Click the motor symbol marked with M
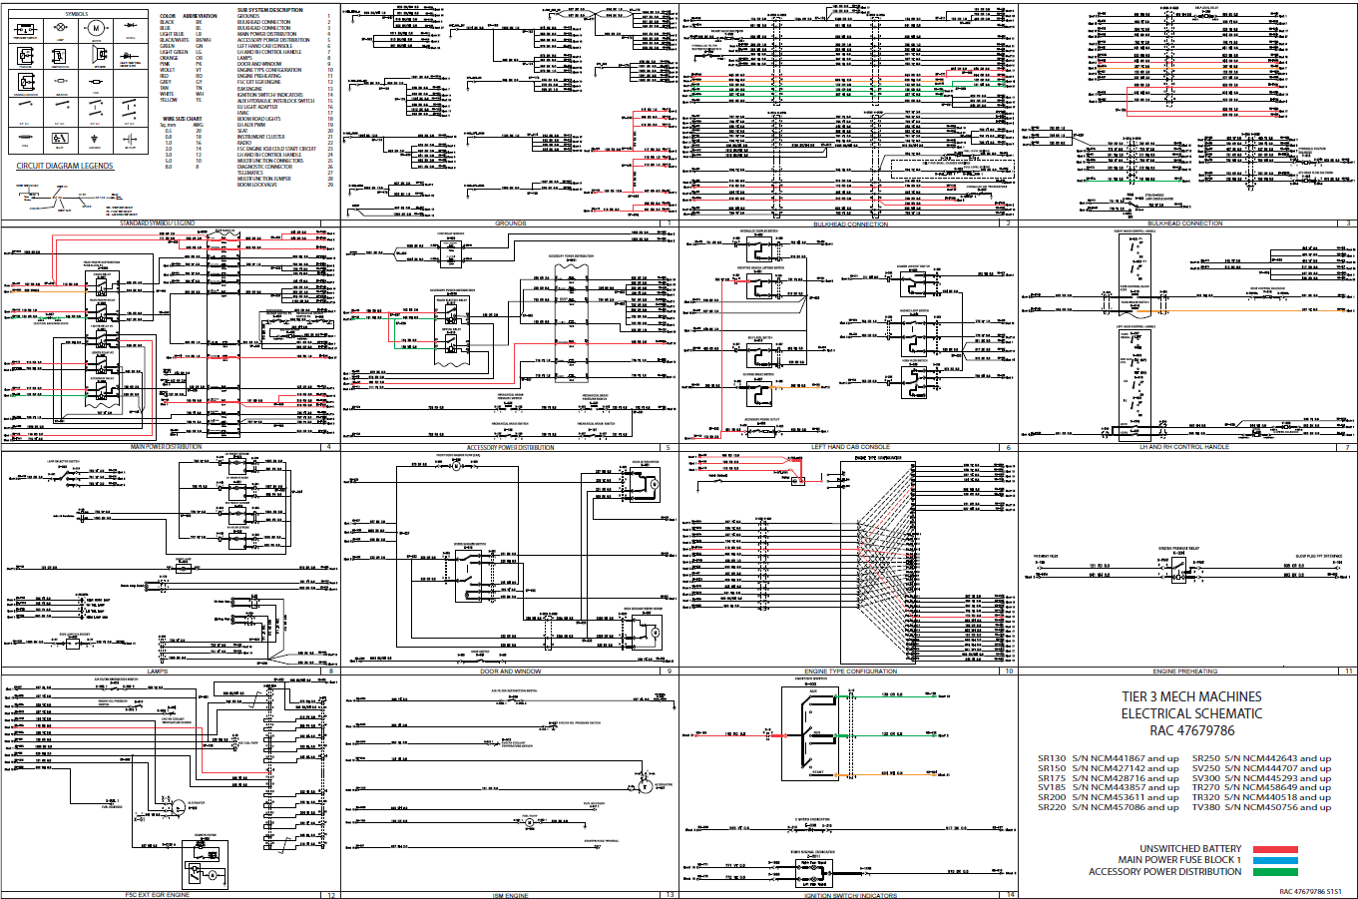click(x=97, y=28)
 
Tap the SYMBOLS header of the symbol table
click(x=77, y=15)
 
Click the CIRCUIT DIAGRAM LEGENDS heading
click(x=65, y=166)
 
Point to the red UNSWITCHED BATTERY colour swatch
click(x=1275, y=850)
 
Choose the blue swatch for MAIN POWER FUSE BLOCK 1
click(x=1275, y=860)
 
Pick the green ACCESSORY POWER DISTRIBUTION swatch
click(x=1275, y=872)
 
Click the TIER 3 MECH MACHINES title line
click(x=1191, y=697)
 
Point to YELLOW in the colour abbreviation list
click(x=169, y=100)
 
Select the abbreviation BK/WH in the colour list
click(x=203, y=40)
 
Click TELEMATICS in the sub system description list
click(x=250, y=173)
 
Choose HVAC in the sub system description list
click(x=242, y=113)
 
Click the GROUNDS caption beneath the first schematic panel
click(x=510, y=224)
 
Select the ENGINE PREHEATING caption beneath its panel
click(x=1184, y=672)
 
